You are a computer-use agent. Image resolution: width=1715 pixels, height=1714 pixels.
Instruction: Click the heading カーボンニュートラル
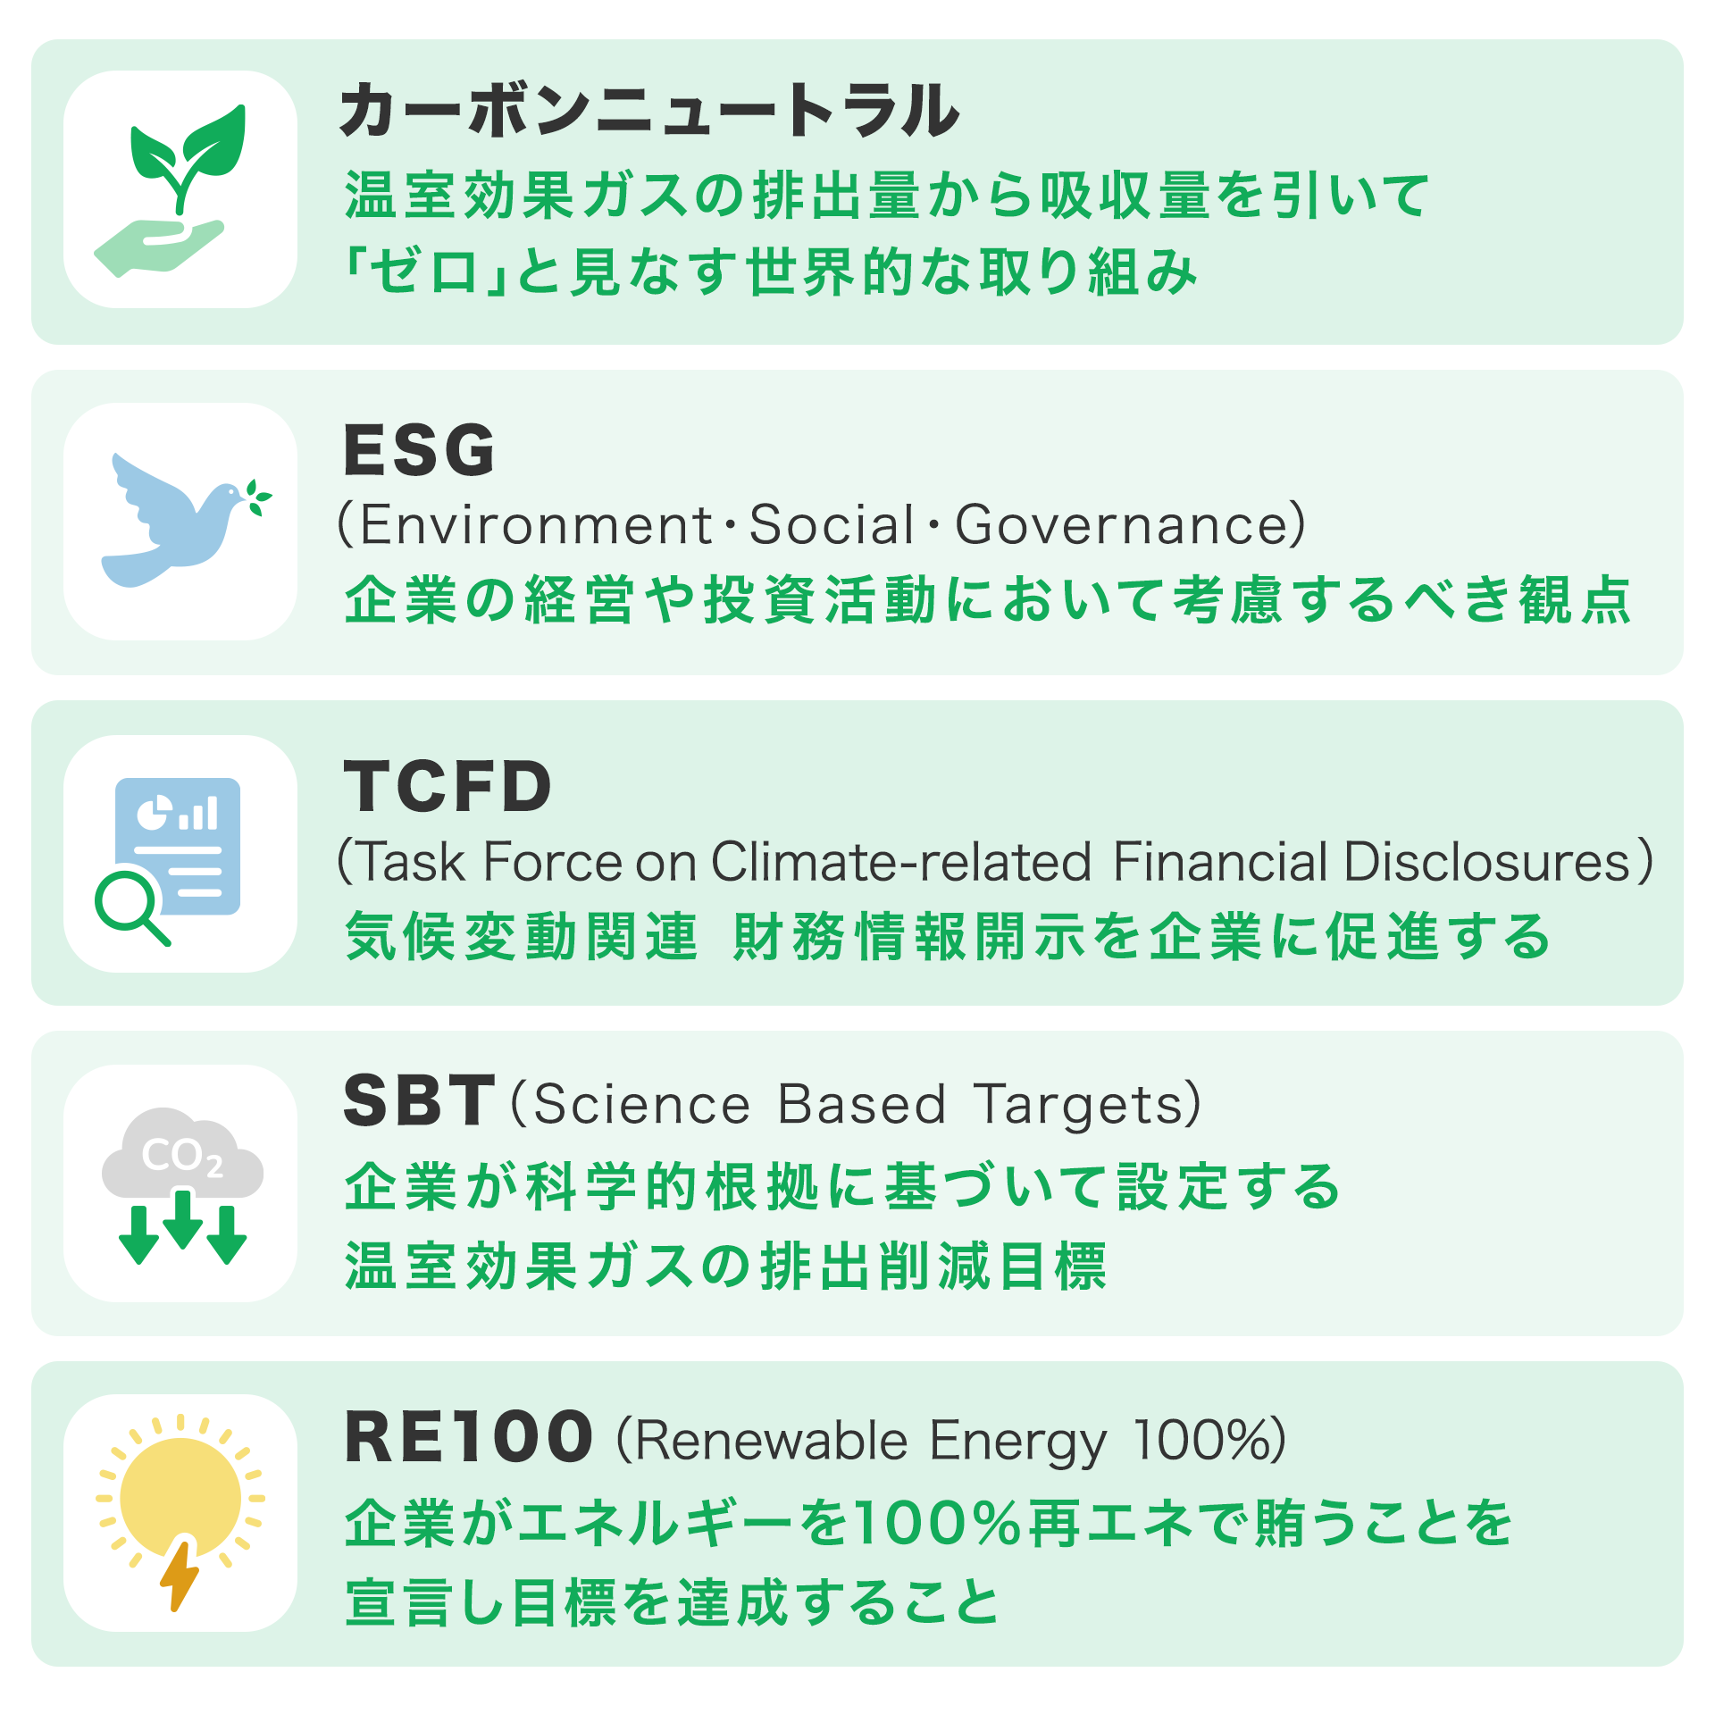tap(649, 110)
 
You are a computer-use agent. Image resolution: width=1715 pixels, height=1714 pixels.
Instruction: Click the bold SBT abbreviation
tap(419, 1100)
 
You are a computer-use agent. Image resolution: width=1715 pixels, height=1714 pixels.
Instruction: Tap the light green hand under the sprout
tap(159, 247)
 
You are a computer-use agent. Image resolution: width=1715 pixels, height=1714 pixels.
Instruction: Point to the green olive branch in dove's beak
tap(258, 497)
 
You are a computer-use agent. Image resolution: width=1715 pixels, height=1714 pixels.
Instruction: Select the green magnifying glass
tap(130, 906)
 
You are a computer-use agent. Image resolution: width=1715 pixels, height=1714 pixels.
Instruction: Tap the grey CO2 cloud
tap(182, 1154)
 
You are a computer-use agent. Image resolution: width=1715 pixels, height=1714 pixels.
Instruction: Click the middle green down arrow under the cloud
tap(183, 1218)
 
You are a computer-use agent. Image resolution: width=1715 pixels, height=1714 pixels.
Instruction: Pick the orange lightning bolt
tap(180, 1574)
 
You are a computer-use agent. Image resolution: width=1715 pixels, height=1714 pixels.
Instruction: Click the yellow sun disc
tap(180, 1498)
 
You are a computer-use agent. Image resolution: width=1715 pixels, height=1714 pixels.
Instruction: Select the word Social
tap(832, 524)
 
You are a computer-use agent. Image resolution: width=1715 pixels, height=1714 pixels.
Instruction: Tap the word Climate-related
tap(901, 862)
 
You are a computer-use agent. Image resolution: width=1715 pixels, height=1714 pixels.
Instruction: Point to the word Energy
tap(1017, 1442)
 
